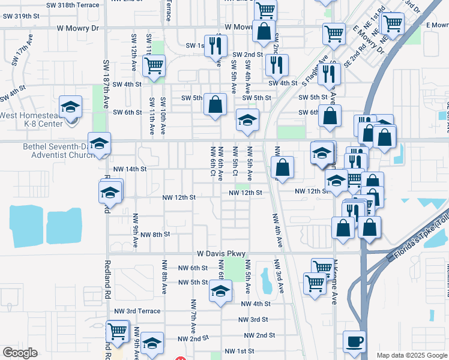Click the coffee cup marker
[x=355, y=341]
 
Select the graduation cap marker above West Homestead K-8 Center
[x=71, y=107]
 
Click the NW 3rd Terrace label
[x=137, y=311]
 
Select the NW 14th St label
[x=129, y=169]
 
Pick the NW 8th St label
[x=153, y=234]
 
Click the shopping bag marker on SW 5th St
[x=215, y=104]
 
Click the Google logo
[x=20, y=352]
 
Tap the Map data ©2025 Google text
[x=411, y=355]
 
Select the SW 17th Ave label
[x=20, y=55]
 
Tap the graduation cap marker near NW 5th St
[x=220, y=292]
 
